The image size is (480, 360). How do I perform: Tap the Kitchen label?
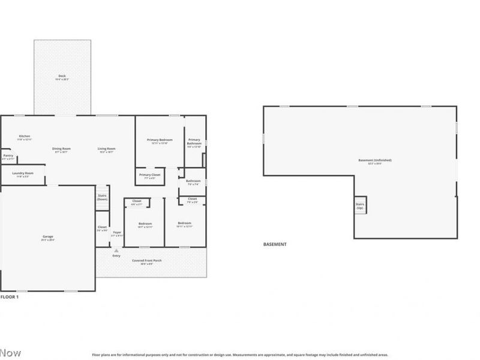pyautogui.click(x=25, y=136)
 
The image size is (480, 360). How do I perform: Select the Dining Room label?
pyautogui.click(x=61, y=149)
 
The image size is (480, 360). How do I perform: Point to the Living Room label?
pyautogui.click(x=107, y=149)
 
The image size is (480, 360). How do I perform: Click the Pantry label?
pyautogui.click(x=8, y=156)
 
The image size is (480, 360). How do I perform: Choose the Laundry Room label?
pyautogui.click(x=22, y=173)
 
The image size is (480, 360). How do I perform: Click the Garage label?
pyautogui.click(x=47, y=237)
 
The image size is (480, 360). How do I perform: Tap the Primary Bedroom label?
pyautogui.click(x=160, y=140)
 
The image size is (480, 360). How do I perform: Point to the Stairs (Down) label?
pyautogui.click(x=102, y=197)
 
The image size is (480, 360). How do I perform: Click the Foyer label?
pyautogui.click(x=117, y=232)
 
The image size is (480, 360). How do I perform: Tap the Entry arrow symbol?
pyautogui.click(x=116, y=251)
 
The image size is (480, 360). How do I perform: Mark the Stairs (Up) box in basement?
pyautogui.click(x=360, y=205)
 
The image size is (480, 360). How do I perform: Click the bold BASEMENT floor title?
pyautogui.click(x=275, y=244)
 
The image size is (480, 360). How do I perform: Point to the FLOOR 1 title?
pyautogui.click(x=10, y=297)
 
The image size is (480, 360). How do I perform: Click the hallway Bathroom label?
pyautogui.click(x=193, y=181)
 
